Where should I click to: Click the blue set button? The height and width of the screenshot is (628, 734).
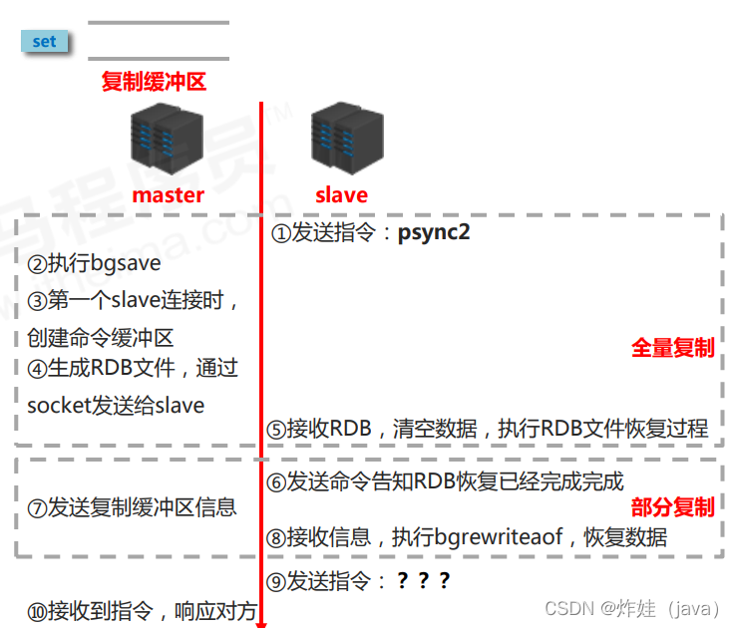(x=44, y=42)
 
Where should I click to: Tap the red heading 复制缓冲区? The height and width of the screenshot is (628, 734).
(x=154, y=82)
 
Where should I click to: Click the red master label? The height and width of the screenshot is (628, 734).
(x=168, y=194)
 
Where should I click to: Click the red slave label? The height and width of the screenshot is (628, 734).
(x=341, y=194)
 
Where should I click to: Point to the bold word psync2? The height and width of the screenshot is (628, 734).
(x=434, y=234)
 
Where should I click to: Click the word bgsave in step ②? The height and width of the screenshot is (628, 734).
(x=126, y=265)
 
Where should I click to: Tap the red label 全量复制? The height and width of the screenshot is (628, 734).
(x=673, y=348)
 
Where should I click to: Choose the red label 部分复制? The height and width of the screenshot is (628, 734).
(x=673, y=507)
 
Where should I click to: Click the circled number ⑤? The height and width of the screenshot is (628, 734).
(x=276, y=430)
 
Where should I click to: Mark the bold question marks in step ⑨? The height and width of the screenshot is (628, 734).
(x=424, y=581)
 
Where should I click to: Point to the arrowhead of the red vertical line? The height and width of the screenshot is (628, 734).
(x=261, y=622)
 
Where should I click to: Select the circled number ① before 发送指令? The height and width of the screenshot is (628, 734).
(x=280, y=235)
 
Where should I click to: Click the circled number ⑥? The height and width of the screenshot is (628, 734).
(x=276, y=482)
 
